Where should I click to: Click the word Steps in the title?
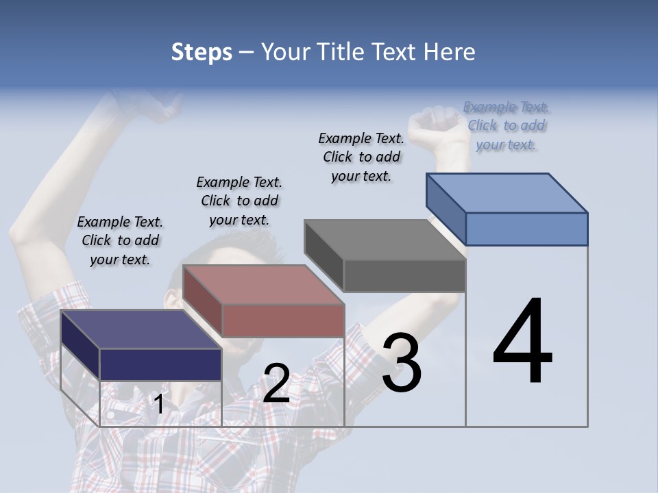[201, 52]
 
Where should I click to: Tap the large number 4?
[522, 342]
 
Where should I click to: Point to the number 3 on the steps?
[402, 363]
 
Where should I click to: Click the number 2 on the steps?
[276, 383]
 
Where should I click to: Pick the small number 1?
[159, 404]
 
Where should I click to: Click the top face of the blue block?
[507, 192]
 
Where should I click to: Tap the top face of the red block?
[263, 284]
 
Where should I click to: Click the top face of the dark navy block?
[141, 329]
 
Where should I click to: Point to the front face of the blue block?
[526, 229]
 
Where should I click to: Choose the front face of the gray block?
[404, 275]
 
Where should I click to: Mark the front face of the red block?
[282, 320]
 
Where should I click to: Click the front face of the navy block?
[160, 364]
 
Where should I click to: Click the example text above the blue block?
[506, 125]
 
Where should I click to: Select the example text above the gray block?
[361, 157]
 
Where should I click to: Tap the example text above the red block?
[239, 201]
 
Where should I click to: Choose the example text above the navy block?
[120, 240]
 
